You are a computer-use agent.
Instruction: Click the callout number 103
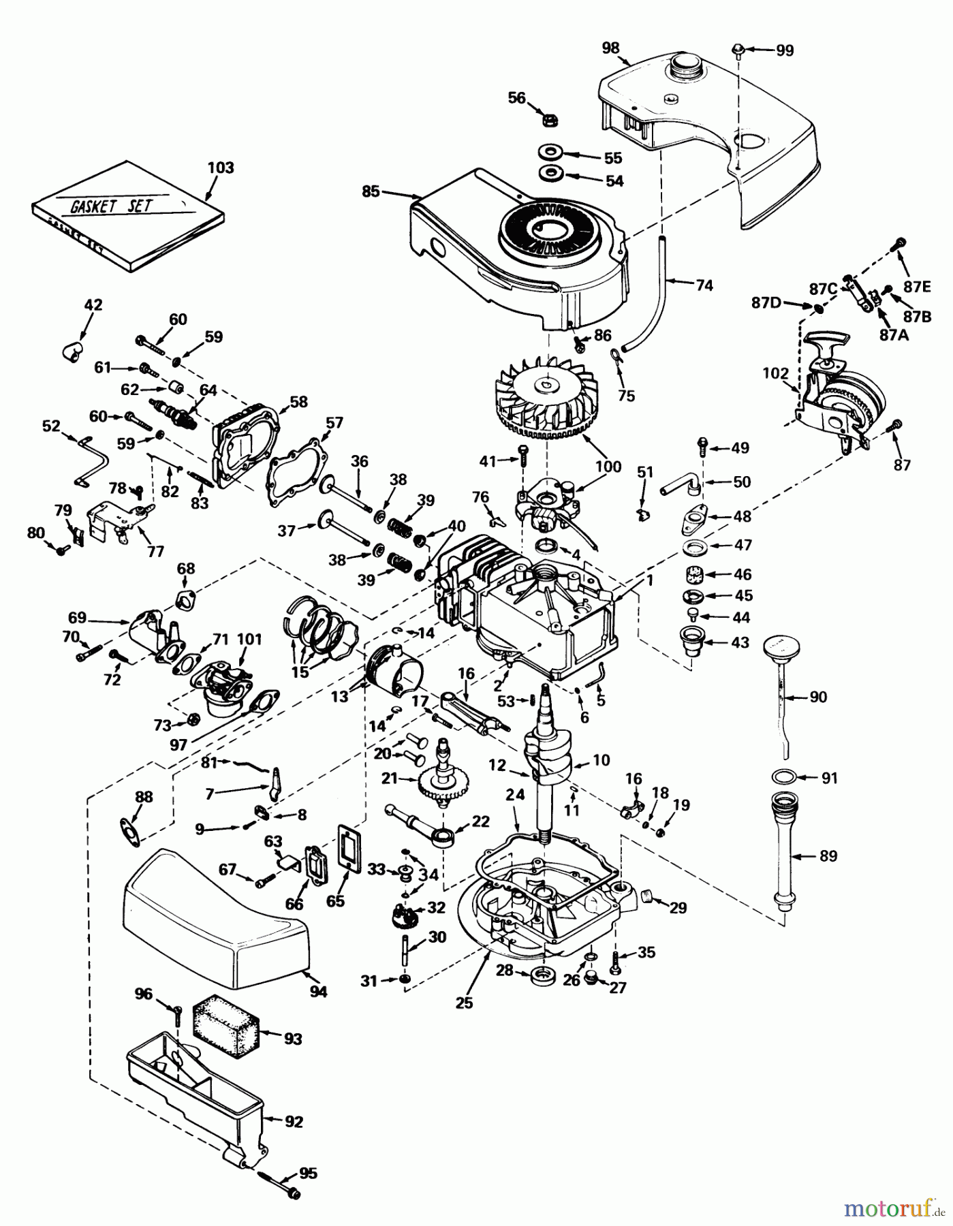pos(220,168)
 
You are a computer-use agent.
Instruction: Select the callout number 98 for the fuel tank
pos(610,47)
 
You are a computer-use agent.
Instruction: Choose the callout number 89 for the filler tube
pos(828,856)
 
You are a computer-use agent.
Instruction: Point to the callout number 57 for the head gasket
pos(334,423)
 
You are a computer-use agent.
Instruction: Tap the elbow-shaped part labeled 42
pos(69,350)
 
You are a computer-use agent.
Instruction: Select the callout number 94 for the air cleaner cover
pos(317,992)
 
